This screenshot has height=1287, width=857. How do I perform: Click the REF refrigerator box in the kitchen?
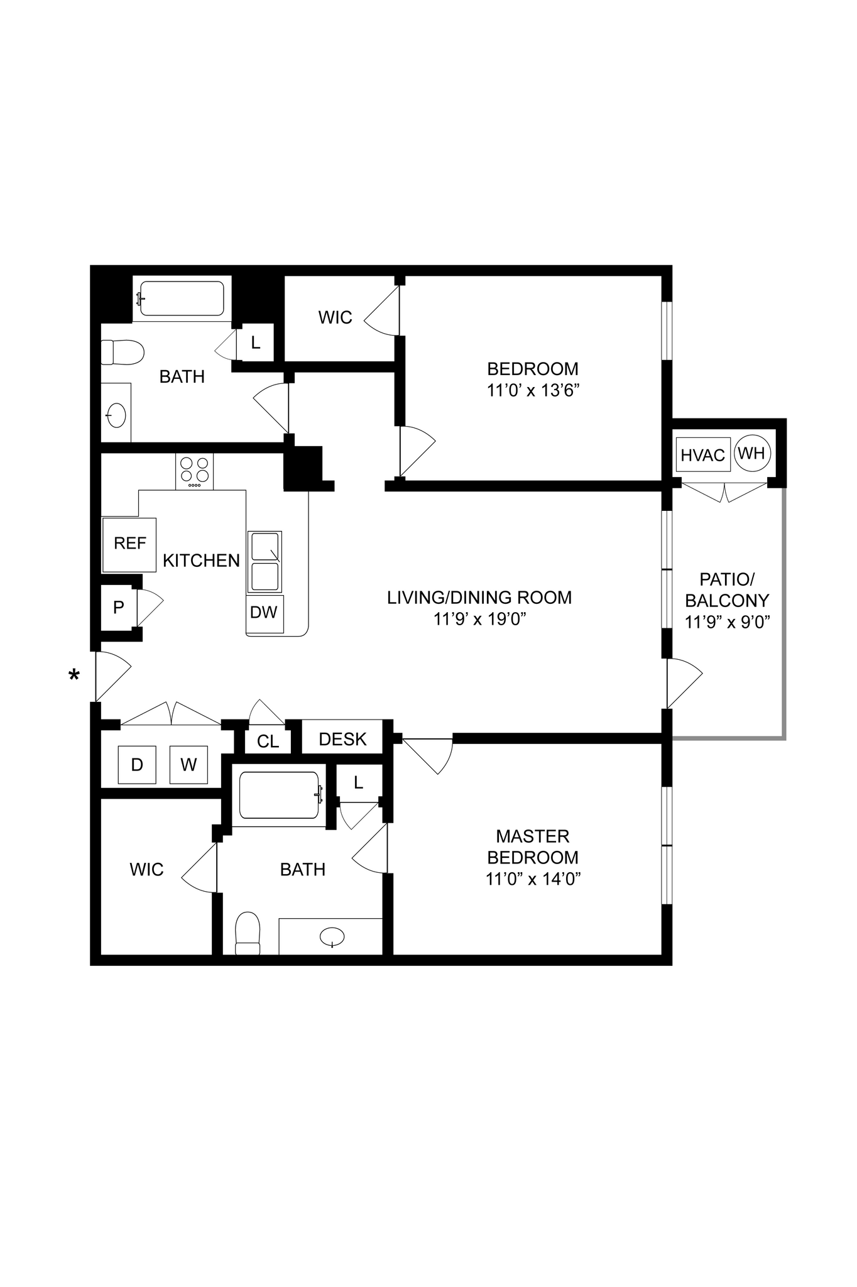tap(129, 544)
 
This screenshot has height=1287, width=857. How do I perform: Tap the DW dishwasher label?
tap(264, 613)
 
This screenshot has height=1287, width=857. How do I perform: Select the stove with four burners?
tap(195, 471)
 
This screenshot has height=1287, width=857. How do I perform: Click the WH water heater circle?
tap(752, 452)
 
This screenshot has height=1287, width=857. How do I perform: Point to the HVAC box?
tap(703, 455)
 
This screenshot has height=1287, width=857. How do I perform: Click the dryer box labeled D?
tap(137, 765)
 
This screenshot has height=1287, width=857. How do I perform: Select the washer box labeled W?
tap(188, 765)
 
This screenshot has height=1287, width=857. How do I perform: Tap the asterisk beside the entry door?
tap(74, 676)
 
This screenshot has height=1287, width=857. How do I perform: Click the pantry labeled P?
tap(118, 607)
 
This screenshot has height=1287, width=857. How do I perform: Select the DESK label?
tap(342, 739)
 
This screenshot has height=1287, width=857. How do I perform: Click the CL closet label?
tap(268, 742)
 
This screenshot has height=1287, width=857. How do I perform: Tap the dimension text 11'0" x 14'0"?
tap(532, 879)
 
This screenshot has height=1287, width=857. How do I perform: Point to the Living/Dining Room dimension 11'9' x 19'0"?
tap(479, 619)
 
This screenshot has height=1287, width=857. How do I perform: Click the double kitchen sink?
tap(265, 561)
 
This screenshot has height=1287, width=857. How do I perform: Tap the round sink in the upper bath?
tap(116, 415)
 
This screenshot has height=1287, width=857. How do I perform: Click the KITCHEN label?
tap(201, 560)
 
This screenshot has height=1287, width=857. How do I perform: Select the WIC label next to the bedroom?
tap(335, 317)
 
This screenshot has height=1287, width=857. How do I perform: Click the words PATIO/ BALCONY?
tap(727, 589)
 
